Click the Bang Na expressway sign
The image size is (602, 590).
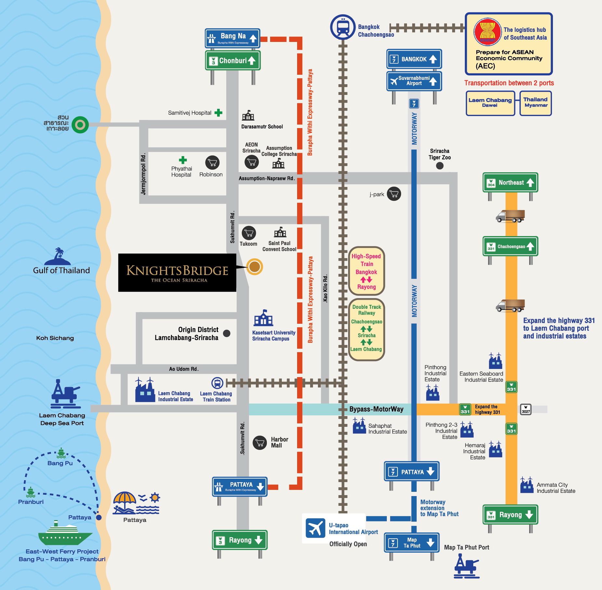pos(232,38)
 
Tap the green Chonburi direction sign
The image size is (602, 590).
pos(233,60)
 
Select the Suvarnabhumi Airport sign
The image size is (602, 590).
pos(414,81)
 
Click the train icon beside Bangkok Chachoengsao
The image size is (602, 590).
pos(343,27)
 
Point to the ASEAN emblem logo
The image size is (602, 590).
pos(487,32)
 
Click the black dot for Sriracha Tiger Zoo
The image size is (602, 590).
pos(440,166)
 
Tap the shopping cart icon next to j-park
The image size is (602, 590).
pos(394,194)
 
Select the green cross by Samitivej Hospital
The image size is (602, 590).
pos(218,113)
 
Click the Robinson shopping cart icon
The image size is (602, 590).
pos(212,163)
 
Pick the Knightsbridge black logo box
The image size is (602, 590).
pos(177,273)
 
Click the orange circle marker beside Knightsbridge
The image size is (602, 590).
pos(255,267)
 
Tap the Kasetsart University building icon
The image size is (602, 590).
pos(263,318)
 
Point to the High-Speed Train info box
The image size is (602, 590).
pos(366,271)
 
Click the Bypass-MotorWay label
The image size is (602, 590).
pos(376,409)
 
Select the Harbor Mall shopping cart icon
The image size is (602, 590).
pos(260,443)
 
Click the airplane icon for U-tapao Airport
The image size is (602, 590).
pos(315,528)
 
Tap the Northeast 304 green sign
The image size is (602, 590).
pos(510,182)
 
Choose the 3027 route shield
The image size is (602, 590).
pos(526,409)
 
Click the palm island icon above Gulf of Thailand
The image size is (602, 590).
pos(58,257)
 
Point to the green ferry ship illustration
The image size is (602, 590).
pos(65,533)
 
